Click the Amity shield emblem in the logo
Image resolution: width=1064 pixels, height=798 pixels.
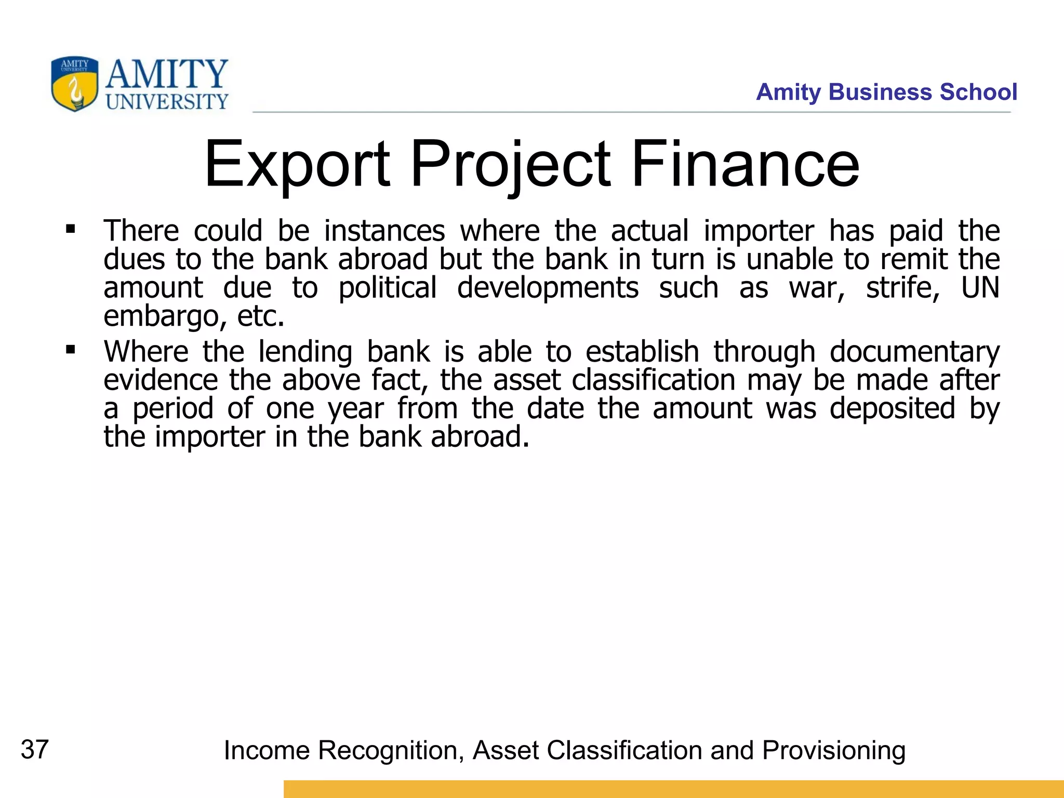pos(74,84)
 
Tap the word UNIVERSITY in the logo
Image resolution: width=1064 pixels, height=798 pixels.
pos(167,102)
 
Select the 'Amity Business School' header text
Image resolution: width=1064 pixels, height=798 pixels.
pos(886,92)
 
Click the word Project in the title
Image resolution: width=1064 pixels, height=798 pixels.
pos(511,165)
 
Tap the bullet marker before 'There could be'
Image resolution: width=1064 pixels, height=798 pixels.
pos(71,229)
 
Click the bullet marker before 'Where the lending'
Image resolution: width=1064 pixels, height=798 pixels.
pos(71,350)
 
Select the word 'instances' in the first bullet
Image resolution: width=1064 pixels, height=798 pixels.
pos(384,231)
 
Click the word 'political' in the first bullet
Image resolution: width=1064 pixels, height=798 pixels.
pos(388,288)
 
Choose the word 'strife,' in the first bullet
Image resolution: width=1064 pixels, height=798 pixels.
pos(903,287)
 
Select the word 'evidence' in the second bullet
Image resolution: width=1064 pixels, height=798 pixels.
pos(161,380)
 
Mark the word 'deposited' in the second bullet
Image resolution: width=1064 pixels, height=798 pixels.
pos(892,409)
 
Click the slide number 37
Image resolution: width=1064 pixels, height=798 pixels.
pos(35,750)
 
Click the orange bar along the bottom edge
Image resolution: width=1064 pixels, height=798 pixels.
pos(673,789)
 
